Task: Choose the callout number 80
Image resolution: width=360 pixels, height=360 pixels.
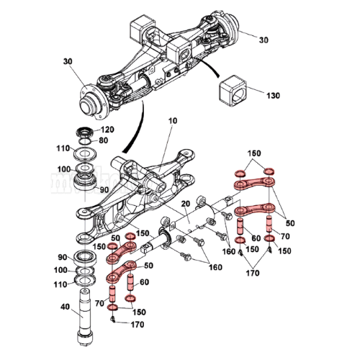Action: click(x=103, y=140)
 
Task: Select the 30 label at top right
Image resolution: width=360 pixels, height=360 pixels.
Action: click(x=264, y=40)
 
